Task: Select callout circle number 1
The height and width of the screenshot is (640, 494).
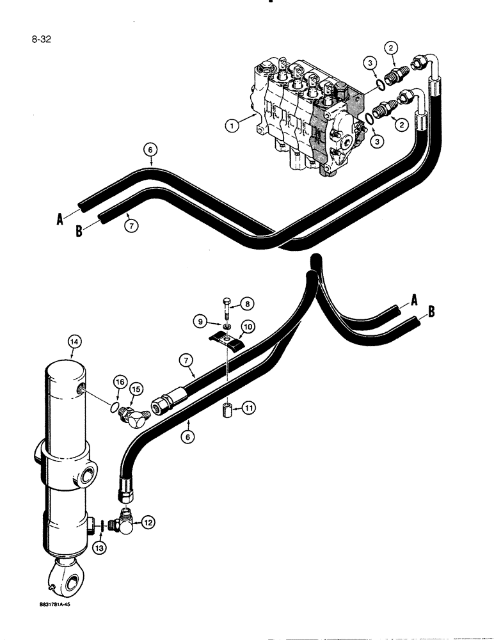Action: click(233, 125)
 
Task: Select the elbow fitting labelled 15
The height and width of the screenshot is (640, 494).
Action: click(134, 410)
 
